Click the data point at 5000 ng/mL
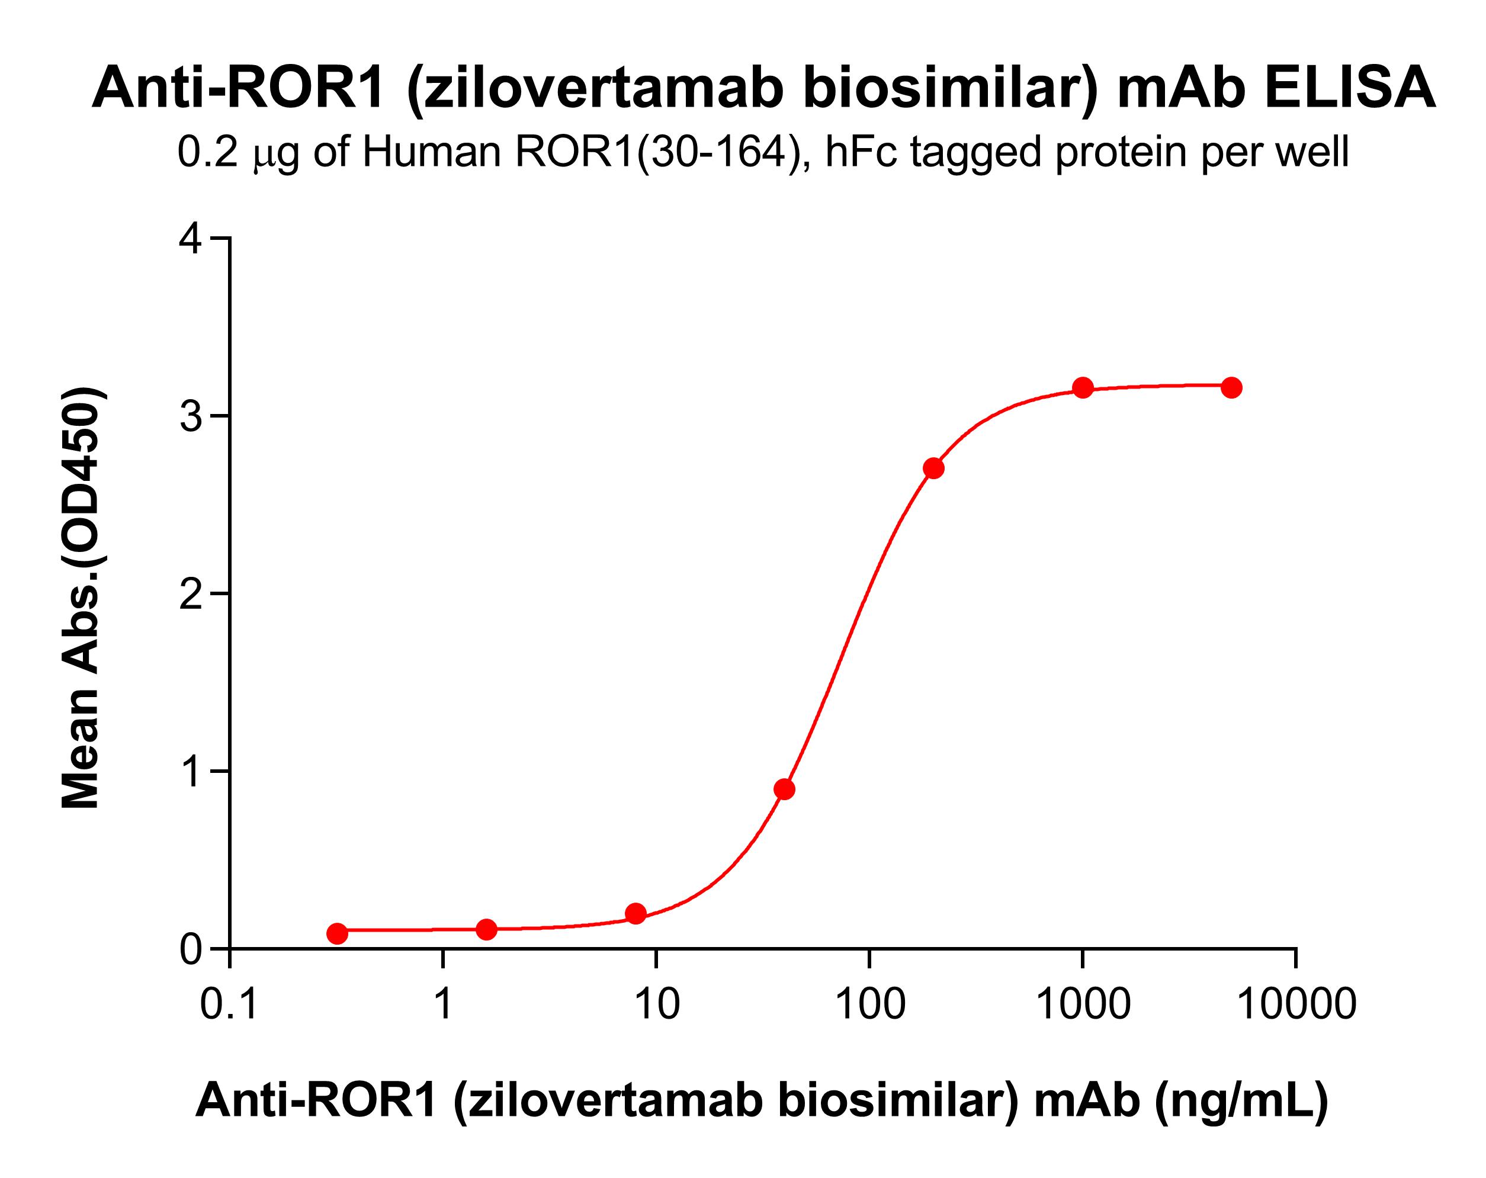(1231, 387)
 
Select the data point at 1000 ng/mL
(1083, 387)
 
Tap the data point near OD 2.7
(933, 468)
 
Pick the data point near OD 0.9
(784, 789)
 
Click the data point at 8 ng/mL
(636, 914)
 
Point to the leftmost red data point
(337, 933)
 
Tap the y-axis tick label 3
(190, 416)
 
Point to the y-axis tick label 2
(190, 593)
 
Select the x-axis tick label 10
(656, 1004)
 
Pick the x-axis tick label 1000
(1083, 1004)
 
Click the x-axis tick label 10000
(1296, 1004)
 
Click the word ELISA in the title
(1350, 89)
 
